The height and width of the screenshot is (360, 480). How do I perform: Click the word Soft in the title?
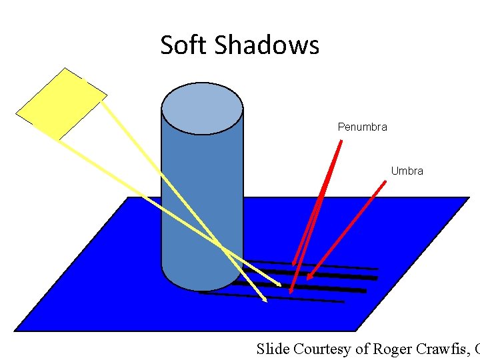(x=185, y=45)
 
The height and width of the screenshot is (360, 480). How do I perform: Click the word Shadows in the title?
(x=267, y=45)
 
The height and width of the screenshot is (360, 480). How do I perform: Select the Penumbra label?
(x=362, y=127)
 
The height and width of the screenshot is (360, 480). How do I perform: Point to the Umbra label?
(x=407, y=171)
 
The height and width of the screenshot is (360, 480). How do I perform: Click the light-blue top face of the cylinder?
(x=202, y=108)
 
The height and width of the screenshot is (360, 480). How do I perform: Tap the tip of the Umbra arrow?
(x=308, y=279)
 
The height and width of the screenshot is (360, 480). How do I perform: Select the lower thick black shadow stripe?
(x=333, y=289)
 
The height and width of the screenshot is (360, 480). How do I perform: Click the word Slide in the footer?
(x=273, y=349)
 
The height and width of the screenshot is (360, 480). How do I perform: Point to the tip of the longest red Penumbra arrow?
(x=291, y=293)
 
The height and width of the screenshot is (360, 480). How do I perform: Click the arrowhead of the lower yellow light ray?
(x=265, y=301)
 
